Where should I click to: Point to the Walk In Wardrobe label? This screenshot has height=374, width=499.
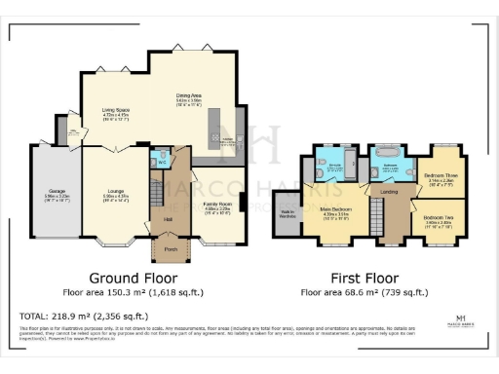pyautogui.click(x=289, y=213)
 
